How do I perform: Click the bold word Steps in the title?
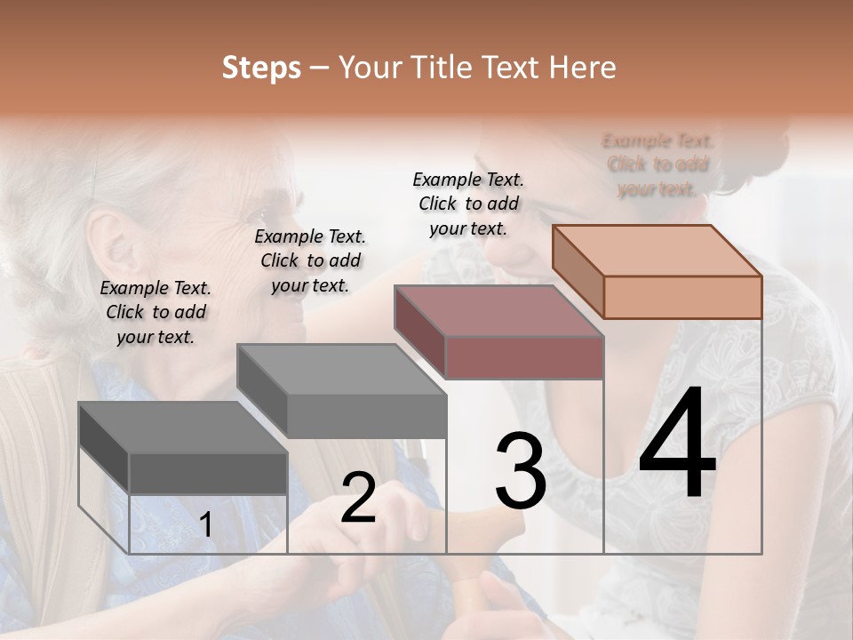point(261,68)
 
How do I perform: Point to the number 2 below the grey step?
point(358,498)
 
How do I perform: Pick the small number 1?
point(205,525)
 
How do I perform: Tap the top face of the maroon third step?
point(499,310)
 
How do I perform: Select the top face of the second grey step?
point(341,369)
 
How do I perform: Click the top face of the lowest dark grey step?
point(183,428)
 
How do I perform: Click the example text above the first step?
point(155,312)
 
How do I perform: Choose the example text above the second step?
point(310,260)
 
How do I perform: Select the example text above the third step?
point(468,204)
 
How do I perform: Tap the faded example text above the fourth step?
point(658,164)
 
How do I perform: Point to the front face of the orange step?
point(682,297)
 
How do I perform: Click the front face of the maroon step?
point(524,357)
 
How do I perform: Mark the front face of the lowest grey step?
point(208,473)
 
